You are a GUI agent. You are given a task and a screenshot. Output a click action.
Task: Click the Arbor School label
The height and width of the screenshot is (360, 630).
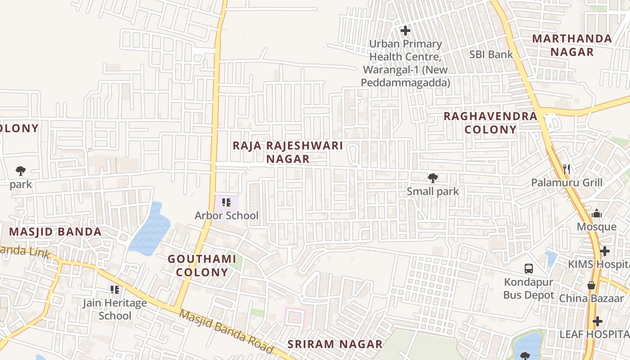[226, 216]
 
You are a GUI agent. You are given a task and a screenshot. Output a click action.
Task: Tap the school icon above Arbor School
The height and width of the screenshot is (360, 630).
[226, 202]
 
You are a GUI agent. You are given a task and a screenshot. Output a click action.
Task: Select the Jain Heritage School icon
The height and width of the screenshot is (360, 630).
[115, 290]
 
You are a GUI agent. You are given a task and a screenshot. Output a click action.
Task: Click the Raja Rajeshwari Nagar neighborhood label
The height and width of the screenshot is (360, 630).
[288, 152]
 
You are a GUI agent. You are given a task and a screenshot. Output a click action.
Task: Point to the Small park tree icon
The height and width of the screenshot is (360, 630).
[432, 178]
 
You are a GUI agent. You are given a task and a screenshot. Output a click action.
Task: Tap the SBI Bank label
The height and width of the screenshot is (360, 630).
[491, 54]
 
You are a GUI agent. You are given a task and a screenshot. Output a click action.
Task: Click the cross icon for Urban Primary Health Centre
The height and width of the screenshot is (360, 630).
[405, 31]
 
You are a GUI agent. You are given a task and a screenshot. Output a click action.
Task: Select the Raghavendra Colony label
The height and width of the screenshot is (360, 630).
[490, 123]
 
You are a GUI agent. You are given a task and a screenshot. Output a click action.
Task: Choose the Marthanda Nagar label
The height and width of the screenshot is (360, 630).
[572, 45]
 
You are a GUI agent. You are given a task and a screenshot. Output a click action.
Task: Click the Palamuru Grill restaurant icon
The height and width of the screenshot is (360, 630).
[567, 169]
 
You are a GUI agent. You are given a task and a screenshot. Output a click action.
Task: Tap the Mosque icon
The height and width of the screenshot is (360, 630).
[597, 213]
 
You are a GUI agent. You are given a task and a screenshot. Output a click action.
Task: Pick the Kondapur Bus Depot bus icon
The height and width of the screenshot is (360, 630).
[529, 269]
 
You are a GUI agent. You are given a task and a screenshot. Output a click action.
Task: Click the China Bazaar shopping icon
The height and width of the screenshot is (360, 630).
[591, 285]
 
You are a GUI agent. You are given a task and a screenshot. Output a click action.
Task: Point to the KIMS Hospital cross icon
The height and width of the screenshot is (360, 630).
[605, 251]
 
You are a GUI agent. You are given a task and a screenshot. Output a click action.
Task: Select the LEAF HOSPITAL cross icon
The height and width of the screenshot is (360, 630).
[597, 321]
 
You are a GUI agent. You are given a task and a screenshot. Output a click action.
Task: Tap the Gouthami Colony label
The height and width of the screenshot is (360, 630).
[202, 265]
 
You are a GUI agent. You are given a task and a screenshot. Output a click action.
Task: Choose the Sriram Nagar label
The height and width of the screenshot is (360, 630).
[335, 344]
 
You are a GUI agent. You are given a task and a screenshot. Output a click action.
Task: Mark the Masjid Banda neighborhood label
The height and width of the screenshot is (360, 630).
[55, 232]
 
